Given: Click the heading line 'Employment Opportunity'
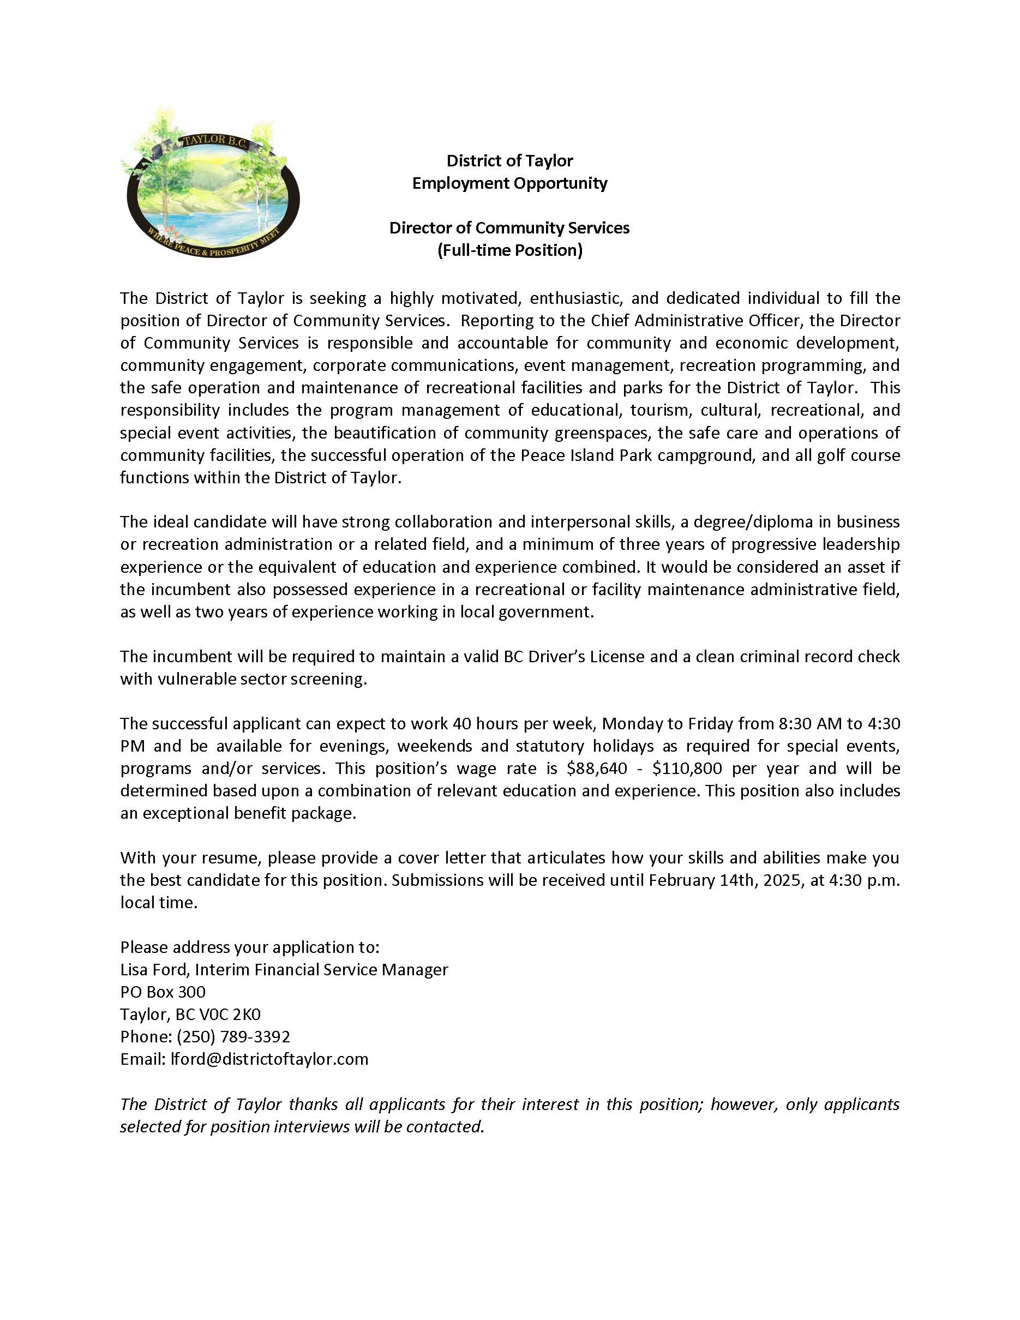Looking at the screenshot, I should (x=509, y=183).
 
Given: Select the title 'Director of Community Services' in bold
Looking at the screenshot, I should (x=509, y=228).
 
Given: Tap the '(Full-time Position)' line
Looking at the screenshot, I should (x=509, y=250).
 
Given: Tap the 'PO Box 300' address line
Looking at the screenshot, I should (x=163, y=992).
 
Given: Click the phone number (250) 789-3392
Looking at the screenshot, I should (x=233, y=1037).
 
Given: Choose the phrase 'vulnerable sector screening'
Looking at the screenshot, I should (x=243, y=679).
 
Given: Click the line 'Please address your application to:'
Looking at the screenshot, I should (x=250, y=947).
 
